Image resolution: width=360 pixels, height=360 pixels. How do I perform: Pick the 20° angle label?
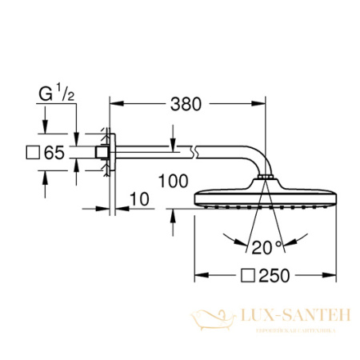pyautogui.click(x=256, y=246)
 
